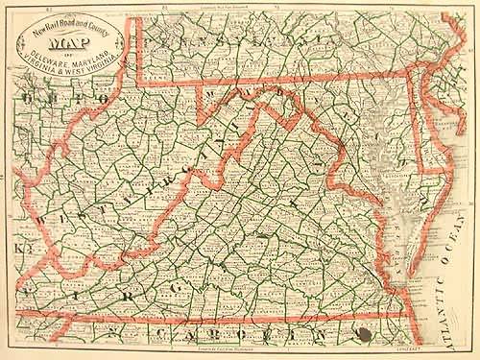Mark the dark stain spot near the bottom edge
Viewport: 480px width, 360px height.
coord(364,334)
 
